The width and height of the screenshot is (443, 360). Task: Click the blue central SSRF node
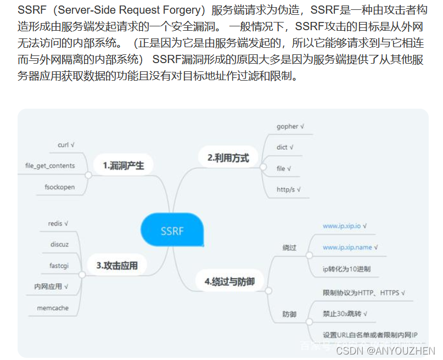172,230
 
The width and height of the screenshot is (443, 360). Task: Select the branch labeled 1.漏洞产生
123,165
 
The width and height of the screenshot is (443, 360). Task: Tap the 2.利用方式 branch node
228,158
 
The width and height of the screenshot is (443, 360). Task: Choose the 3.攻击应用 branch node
117,266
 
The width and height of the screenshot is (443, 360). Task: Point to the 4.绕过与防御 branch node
229,282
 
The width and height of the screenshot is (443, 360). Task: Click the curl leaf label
66,145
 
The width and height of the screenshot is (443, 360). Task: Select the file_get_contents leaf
50,165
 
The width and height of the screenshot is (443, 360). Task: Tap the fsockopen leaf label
59,187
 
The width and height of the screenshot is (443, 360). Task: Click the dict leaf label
285,147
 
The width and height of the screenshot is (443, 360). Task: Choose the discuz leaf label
59,244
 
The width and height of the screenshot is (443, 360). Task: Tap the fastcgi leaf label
59,266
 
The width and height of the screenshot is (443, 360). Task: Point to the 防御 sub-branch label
289,314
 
